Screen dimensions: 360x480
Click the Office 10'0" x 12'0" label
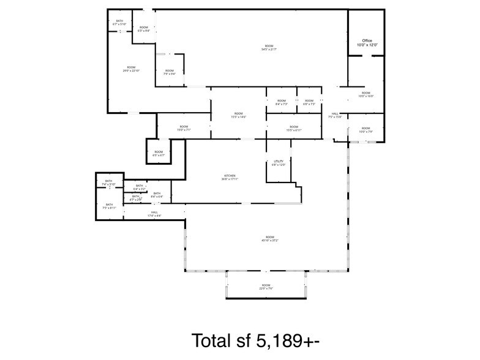coord(367,43)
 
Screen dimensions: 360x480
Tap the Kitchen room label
coord(229,178)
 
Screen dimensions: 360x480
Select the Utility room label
coord(279,163)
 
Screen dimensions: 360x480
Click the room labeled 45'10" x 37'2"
coord(269,239)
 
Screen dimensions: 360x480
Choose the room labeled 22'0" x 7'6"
coord(266,287)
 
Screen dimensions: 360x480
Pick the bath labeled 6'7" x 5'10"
coord(119,23)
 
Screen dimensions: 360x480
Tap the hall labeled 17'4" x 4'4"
coord(154,214)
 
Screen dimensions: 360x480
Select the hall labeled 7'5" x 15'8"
coord(335,115)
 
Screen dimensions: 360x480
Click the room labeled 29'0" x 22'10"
coord(131,69)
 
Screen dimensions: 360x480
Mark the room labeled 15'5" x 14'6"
coord(238,115)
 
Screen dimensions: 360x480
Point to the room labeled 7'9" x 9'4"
coord(170,72)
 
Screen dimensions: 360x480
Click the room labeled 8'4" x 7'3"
coord(281,102)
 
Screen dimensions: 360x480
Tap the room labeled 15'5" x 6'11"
coord(294,129)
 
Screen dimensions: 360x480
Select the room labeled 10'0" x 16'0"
coord(366,94)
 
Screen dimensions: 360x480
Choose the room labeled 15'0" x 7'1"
coord(184,128)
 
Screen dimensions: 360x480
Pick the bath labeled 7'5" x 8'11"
coord(109,206)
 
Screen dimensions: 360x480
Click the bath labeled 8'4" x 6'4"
coord(157,195)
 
